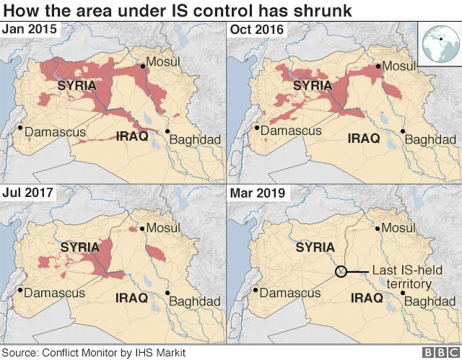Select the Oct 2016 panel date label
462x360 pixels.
(x=256, y=30)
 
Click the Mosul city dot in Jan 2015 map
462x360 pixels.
(x=143, y=66)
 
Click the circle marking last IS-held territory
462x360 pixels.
(x=341, y=271)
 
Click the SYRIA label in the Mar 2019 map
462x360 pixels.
(x=315, y=247)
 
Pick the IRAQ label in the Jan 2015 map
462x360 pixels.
(x=132, y=136)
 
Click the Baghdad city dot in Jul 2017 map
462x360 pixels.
(x=167, y=293)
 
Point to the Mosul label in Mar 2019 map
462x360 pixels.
(x=401, y=228)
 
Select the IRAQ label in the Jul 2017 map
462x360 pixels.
(x=131, y=297)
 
